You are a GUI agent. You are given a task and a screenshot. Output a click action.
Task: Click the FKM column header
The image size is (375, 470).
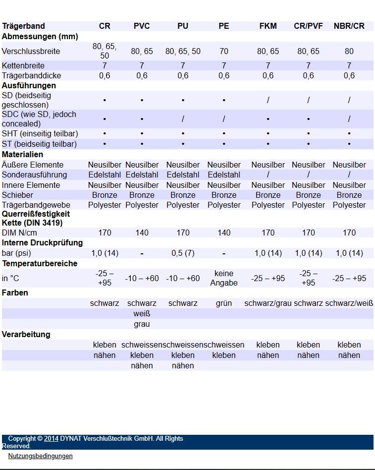[268, 26]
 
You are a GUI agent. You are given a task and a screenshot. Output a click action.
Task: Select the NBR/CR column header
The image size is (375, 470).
[349, 26]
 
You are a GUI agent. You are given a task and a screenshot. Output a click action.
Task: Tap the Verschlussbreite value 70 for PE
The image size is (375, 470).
[224, 51]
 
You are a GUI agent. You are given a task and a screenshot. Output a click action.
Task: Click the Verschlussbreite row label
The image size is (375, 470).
[31, 51]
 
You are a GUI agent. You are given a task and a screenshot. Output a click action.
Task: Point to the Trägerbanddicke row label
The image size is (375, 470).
[32, 75]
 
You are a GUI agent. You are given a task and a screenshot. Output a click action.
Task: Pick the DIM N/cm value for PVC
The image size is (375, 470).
[142, 233]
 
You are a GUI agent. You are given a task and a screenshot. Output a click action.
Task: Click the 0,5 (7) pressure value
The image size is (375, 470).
[183, 253]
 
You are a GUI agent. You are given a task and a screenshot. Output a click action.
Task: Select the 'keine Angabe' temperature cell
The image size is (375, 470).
[224, 278]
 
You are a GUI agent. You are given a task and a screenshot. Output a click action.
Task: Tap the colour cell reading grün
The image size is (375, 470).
[224, 303]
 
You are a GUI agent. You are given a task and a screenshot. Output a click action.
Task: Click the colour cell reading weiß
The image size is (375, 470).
[142, 313]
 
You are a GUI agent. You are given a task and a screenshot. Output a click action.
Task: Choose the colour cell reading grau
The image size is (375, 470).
[142, 324]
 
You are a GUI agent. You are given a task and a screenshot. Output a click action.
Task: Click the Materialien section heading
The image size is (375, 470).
[23, 154]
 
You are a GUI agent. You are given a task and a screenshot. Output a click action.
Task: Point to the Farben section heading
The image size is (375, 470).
[15, 293]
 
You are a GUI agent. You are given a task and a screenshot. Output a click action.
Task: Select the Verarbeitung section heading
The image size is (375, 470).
[26, 334]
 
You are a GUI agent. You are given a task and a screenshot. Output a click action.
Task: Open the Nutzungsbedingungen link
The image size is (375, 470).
[40, 456]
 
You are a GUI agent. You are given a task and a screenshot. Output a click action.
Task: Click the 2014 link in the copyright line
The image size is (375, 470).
[52, 438]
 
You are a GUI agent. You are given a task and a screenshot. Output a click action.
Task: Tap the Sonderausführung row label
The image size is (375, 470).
[34, 175]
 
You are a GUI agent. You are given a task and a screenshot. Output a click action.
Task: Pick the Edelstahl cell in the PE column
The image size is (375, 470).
[224, 175]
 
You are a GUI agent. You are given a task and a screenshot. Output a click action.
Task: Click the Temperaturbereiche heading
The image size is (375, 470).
[40, 263]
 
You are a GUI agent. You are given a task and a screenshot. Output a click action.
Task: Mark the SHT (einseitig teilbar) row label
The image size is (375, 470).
[40, 134]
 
